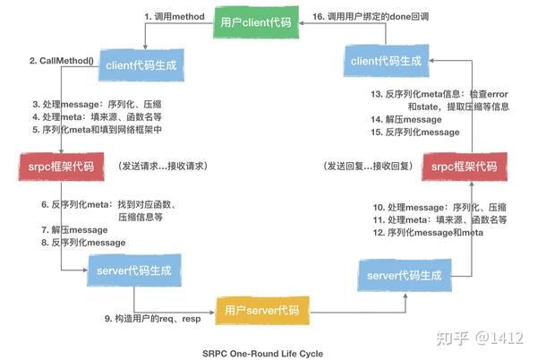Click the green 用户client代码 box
[x=256, y=22]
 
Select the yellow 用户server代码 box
[x=262, y=311]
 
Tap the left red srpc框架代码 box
[x=61, y=167]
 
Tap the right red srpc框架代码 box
[x=465, y=167]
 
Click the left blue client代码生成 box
[x=141, y=65]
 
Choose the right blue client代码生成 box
[x=387, y=61]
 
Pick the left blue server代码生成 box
[x=134, y=270]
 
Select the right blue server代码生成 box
[x=405, y=276]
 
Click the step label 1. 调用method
[x=175, y=16]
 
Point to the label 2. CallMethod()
[x=61, y=61]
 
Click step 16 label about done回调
[x=371, y=16]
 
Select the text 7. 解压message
[x=74, y=230]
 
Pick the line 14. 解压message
[x=406, y=119]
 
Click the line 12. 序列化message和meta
[x=428, y=233]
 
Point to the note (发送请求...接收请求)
[x=163, y=167]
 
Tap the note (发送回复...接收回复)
[x=368, y=167]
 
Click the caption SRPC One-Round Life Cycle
[x=262, y=354]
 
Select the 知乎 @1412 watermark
[x=480, y=339]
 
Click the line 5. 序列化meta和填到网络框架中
[x=97, y=130]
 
